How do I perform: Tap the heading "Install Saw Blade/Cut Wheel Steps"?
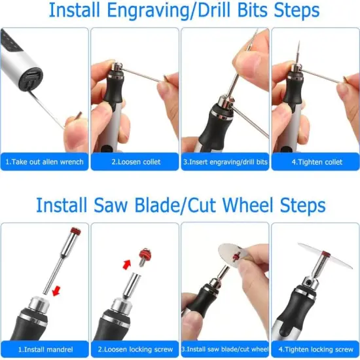click(180, 205)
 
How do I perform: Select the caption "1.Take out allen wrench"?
click(45, 162)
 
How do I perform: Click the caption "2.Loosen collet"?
click(134, 162)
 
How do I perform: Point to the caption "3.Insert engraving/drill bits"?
click(225, 162)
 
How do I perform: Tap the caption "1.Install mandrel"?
click(45, 350)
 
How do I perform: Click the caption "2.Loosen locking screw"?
click(134, 350)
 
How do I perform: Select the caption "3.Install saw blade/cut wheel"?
click(225, 350)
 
